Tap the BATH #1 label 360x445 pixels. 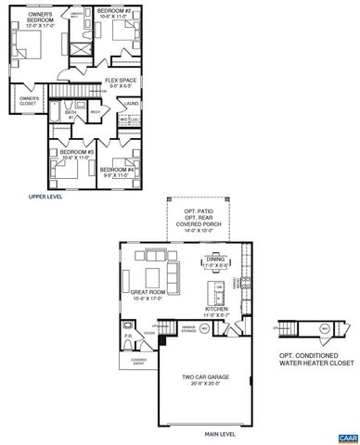70,115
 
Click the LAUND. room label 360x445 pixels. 132,104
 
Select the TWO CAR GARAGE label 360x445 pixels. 205,380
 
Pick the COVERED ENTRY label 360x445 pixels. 139,362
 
